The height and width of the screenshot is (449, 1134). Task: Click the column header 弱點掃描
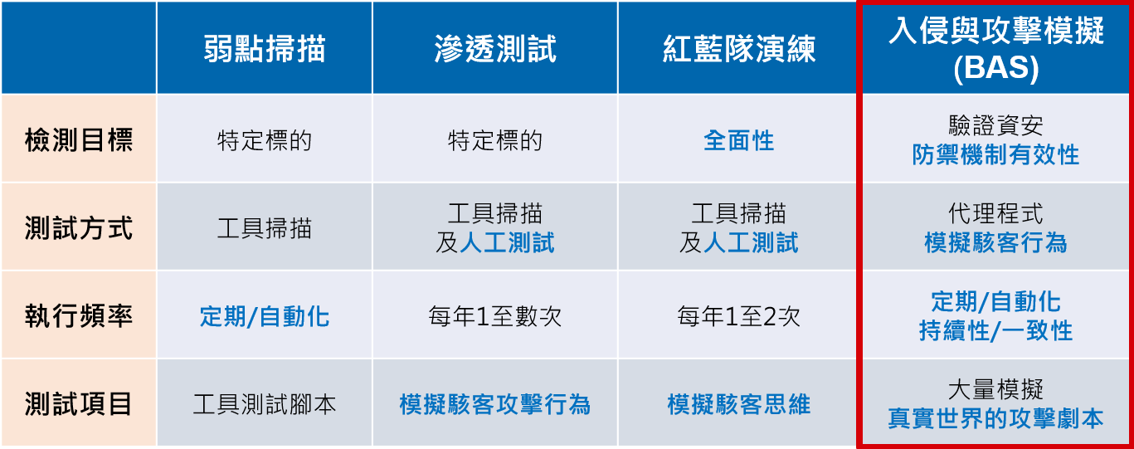265,49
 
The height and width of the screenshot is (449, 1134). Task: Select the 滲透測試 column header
495,49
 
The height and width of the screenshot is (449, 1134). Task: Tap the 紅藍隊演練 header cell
738,49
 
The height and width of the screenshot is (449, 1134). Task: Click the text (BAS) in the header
995,68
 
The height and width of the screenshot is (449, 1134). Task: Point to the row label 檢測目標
79,140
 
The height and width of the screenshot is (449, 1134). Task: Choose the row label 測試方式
79,228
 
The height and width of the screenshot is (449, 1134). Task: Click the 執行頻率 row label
79,316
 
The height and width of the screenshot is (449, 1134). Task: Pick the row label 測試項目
79,404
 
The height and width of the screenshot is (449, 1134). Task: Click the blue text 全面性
738,140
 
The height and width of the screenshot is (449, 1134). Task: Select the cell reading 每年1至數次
495,316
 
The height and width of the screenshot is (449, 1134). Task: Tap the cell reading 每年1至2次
738,316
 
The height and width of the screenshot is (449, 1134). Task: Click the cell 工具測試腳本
265,404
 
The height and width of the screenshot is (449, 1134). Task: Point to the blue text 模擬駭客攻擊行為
495,404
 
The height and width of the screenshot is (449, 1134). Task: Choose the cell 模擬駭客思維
738,404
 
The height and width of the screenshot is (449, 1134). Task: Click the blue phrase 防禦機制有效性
995,154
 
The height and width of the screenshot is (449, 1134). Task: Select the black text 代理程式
995,213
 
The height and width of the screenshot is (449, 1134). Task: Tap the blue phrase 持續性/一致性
995,331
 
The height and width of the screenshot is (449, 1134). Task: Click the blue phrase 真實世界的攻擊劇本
995,418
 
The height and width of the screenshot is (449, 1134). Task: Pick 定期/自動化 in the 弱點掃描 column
265,316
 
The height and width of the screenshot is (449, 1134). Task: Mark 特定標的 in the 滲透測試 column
495,140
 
